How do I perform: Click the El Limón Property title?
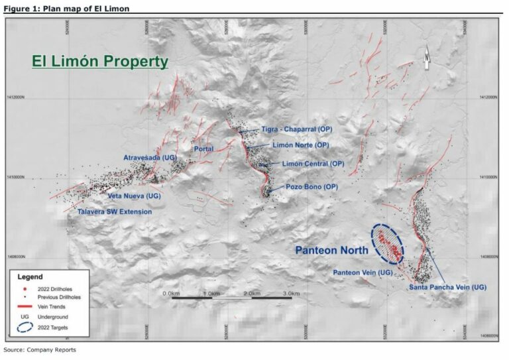(100, 62)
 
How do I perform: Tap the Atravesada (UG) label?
(149, 157)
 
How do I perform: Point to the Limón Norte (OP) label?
(300, 145)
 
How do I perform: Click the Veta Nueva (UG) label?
(135, 197)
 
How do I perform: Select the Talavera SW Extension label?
(115, 211)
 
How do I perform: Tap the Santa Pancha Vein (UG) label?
(447, 286)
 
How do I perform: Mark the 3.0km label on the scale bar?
(292, 292)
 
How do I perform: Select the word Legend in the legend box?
(30, 276)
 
